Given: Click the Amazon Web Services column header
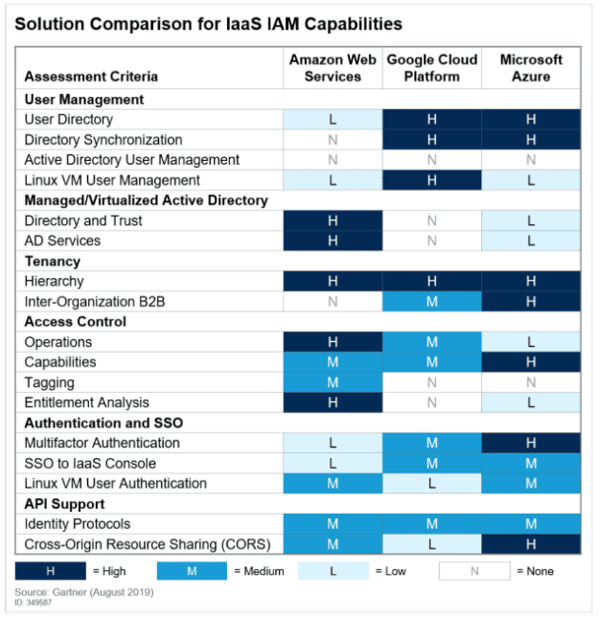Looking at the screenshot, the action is point(333,68).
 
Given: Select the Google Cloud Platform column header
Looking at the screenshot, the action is point(432,68).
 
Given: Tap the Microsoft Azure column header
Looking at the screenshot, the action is point(531,68).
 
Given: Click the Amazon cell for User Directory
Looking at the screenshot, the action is point(333,119).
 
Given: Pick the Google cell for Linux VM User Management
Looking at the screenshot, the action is point(432,180).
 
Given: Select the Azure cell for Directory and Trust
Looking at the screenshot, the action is point(531,220).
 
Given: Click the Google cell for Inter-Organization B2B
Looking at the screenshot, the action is point(432,302).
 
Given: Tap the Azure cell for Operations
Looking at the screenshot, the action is point(531,342).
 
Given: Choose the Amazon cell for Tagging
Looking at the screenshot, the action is point(333,382).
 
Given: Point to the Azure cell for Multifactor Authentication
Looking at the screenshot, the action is point(531,443).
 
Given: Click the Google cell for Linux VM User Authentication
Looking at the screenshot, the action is point(432,483).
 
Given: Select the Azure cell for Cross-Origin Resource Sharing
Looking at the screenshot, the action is point(531,544).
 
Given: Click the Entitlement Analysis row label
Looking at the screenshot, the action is point(87,402).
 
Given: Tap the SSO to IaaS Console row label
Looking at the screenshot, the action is point(90,463).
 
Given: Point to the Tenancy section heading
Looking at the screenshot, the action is point(53,262).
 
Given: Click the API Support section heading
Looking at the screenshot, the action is point(64,504).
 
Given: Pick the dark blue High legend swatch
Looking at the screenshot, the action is point(51,571).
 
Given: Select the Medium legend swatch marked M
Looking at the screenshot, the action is point(192,571).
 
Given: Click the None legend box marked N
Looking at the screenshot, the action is point(474,571).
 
